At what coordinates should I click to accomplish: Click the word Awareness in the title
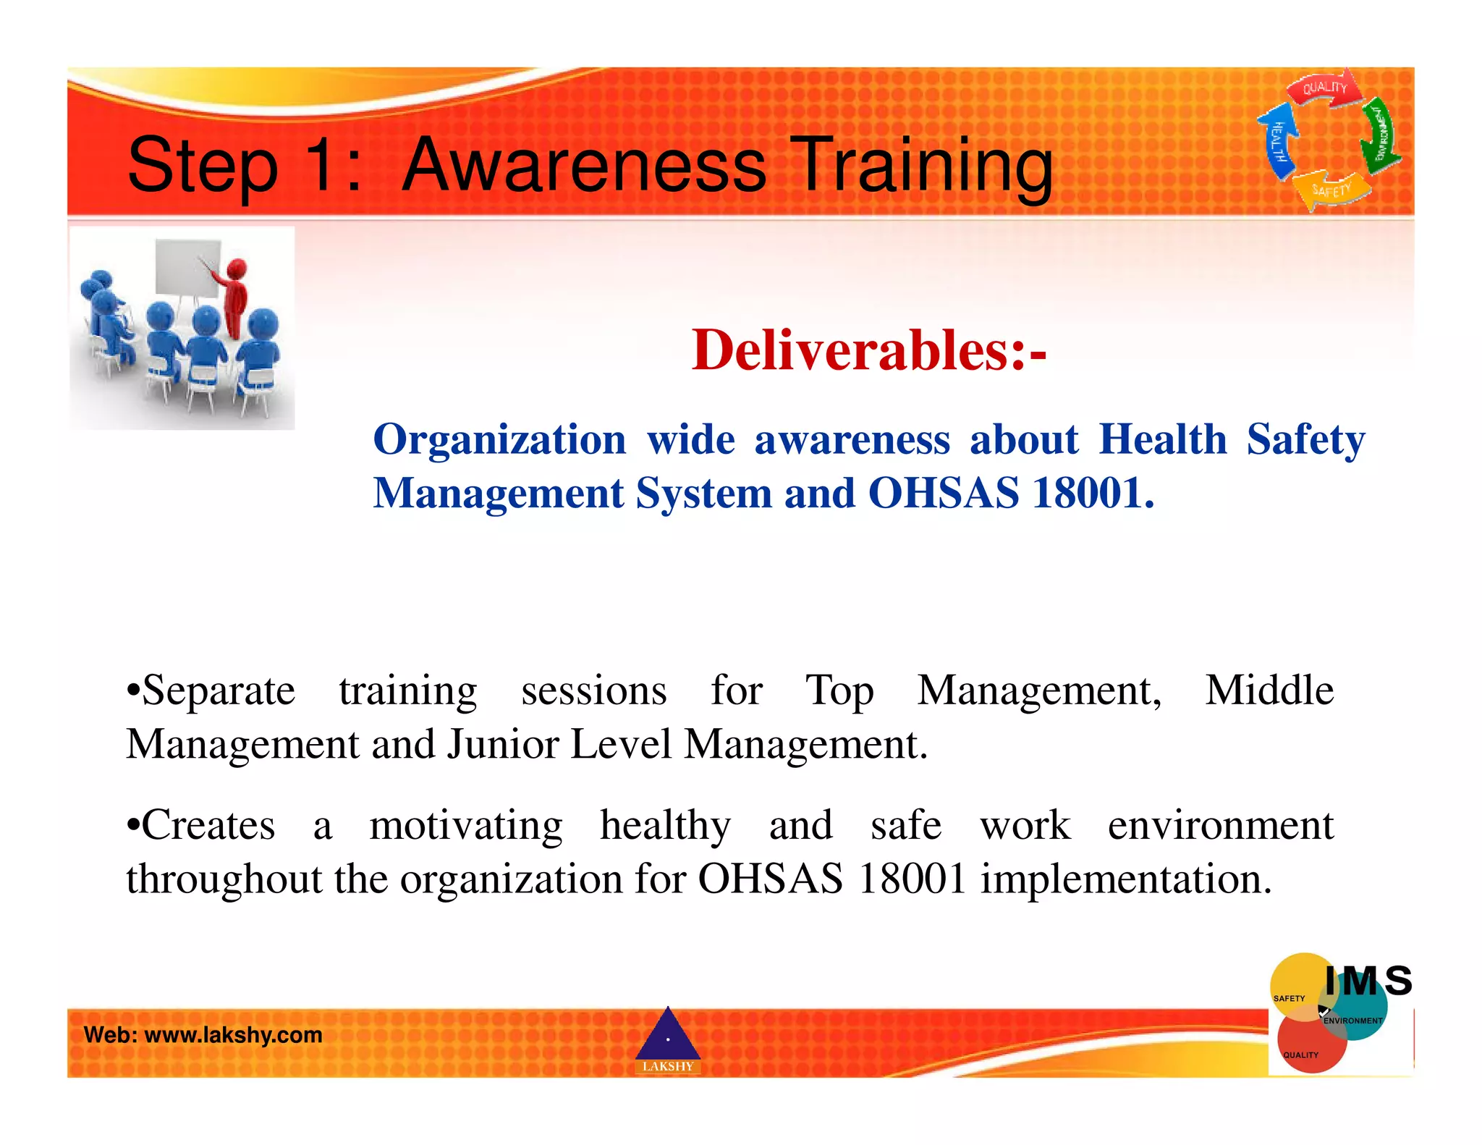point(583,166)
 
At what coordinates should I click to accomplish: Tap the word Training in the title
point(922,166)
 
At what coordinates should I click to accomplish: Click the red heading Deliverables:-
point(868,350)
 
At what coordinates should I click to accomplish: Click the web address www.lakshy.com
point(233,1035)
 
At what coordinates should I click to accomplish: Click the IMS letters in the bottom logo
point(1368,981)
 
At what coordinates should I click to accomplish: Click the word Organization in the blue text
point(499,440)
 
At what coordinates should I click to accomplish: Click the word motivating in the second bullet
point(466,825)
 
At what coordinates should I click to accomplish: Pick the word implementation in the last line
point(1125,879)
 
